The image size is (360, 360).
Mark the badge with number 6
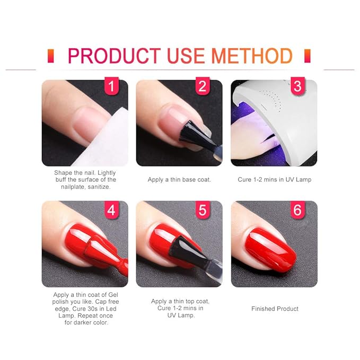[x=298, y=210]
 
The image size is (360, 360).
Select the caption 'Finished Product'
[x=275, y=309]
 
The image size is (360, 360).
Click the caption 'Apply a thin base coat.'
[x=179, y=180]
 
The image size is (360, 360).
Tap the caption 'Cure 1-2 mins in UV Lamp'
[x=275, y=180]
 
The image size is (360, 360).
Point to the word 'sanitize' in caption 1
[x=100, y=187]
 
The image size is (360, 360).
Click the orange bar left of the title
[x=50, y=56]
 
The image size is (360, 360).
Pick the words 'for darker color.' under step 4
[x=85, y=322]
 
